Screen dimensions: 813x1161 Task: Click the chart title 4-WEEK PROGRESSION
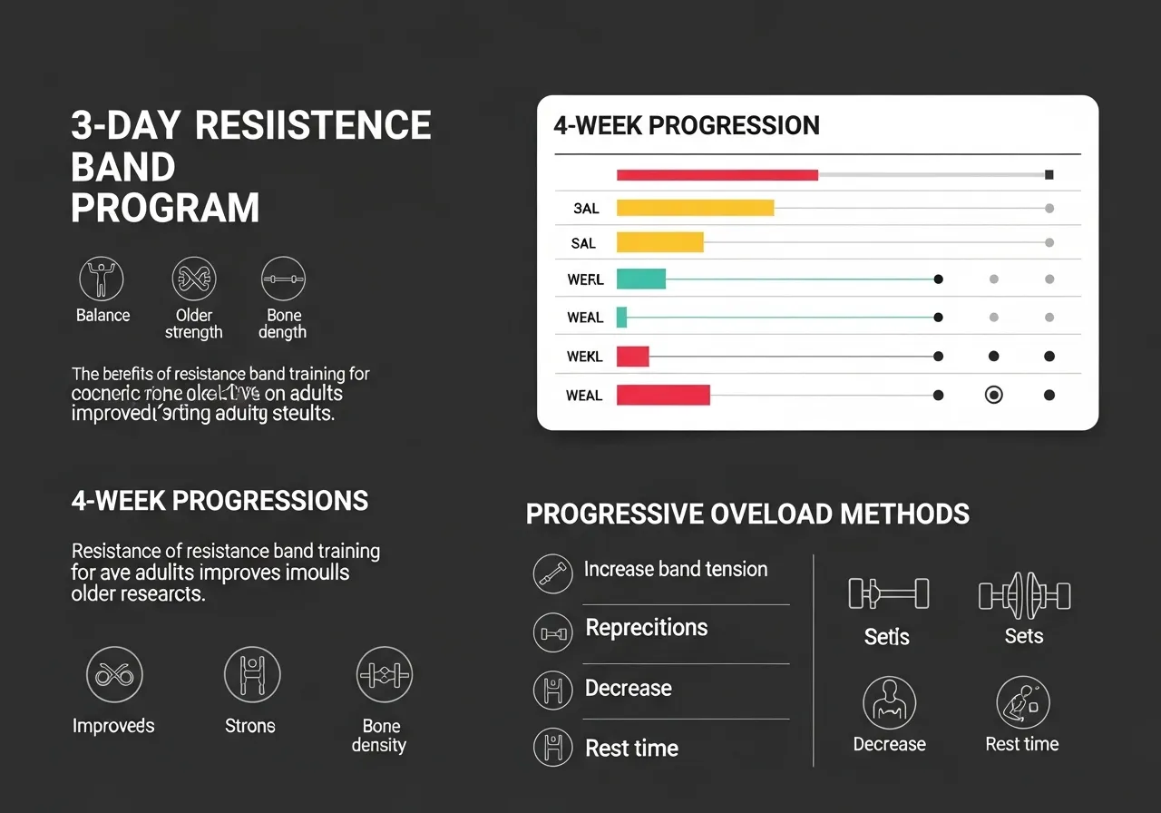pos(687,125)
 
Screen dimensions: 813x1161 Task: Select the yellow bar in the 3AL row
pos(695,208)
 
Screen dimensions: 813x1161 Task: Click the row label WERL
pos(585,279)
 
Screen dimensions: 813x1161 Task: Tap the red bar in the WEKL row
pos(632,357)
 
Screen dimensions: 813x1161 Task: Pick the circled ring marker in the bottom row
pos(994,395)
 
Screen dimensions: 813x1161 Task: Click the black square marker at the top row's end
pos(1049,174)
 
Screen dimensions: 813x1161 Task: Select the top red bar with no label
pos(717,174)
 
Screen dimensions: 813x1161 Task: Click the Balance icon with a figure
pos(102,279)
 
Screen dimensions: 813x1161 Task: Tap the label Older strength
pos(193,324)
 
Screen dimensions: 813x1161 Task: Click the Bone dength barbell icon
pos(283,279)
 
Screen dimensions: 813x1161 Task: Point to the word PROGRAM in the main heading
pos(165,208)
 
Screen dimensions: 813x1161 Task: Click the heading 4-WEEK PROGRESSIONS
pos(220,500)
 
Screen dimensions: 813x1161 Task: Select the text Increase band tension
pos(676,569)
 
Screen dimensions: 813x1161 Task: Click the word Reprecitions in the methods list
pos(647,628)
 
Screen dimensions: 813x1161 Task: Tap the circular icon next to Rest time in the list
pos(552,748)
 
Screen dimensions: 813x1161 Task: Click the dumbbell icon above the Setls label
pos(888,594)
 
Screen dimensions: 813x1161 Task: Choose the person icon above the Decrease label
pos(888,702)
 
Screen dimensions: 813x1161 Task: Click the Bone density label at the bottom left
pos(380,736)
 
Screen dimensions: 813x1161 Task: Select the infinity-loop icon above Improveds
pos(113,675)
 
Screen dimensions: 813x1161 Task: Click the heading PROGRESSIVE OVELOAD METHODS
pos(747,514)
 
